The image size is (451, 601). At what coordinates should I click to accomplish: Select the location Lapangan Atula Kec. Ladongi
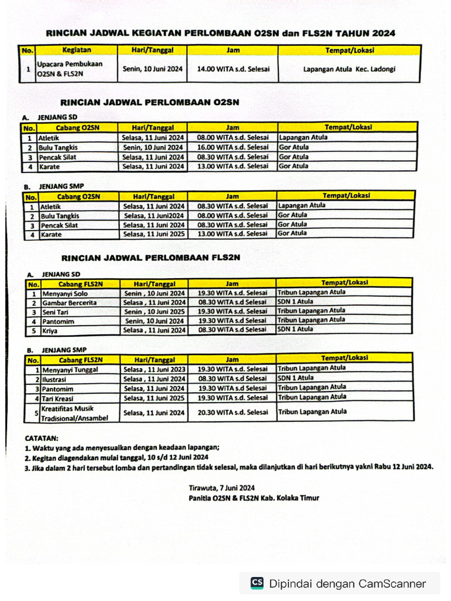pos(349,69)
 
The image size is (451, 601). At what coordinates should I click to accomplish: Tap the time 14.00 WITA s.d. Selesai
pos(233,69)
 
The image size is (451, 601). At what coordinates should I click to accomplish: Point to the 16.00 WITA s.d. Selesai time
pos(233,147)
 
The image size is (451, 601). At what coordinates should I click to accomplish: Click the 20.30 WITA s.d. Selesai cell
pos(233,413)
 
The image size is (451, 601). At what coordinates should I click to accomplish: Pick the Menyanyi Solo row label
pos(65,293)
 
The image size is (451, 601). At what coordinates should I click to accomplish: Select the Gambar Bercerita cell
pos(69,303)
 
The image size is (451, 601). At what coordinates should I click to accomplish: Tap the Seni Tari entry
pos(56,312)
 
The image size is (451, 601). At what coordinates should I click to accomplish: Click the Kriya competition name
pos(51,331)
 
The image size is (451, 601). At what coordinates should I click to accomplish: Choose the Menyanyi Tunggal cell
pos(69,370)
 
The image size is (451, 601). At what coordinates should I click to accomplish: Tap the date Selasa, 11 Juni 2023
pos(154,370)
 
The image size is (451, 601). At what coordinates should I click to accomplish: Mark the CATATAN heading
pos(42,438)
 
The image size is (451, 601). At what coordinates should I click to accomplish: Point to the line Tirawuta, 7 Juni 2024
pos(221,488)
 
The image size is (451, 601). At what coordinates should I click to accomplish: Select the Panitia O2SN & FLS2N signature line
pos(254,498)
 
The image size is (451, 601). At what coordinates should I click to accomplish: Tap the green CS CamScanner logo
pos(257,583)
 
